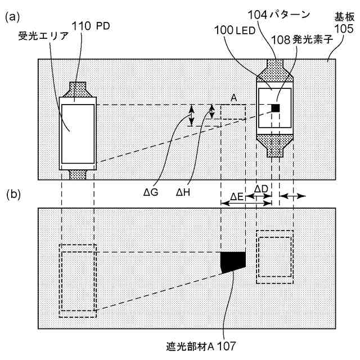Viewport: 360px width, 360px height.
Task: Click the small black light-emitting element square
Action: [276, 107]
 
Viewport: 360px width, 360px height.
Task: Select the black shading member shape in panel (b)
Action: [233, 261]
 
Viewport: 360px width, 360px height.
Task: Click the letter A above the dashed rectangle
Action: [233, 97]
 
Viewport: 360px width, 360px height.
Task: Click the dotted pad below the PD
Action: [77, 174]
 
